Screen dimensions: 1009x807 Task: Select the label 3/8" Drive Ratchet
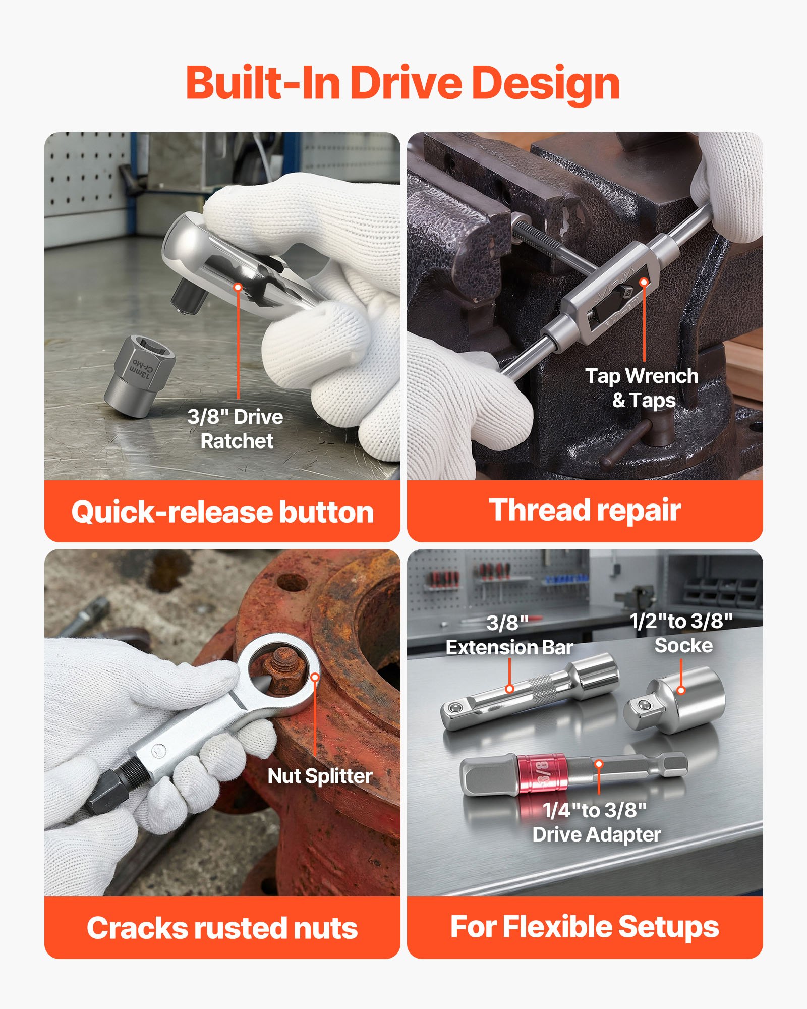[236, 429]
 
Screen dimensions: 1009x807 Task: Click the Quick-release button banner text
[222, 512]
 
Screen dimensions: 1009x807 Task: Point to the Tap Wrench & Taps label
[642, 388]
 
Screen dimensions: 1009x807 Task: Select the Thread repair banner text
[585, 510]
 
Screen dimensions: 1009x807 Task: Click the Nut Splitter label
[320, 776]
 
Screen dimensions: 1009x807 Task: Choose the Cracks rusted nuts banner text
[222, 928]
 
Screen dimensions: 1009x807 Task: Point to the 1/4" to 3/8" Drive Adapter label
[596, 822]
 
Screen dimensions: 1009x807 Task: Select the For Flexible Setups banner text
[585, 927]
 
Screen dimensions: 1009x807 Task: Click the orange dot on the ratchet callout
[238, 287]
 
